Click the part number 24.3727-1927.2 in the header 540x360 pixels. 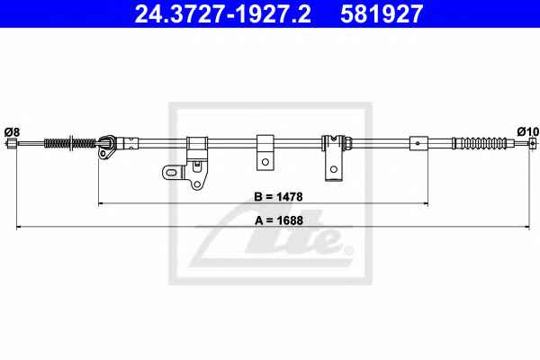click(223, 13)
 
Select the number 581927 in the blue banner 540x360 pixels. click(382, 13)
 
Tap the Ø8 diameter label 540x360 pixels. click(12, 132)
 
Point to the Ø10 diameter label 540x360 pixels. click(527, 131)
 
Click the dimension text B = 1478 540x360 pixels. click(278, 197)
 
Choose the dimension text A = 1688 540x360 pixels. click(279, 220)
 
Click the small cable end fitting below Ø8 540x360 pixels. click(12, 143)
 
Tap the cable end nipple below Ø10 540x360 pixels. click(533, 143)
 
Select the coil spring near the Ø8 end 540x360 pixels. click(70, 142)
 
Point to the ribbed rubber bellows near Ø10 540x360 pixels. click(480, 143)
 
